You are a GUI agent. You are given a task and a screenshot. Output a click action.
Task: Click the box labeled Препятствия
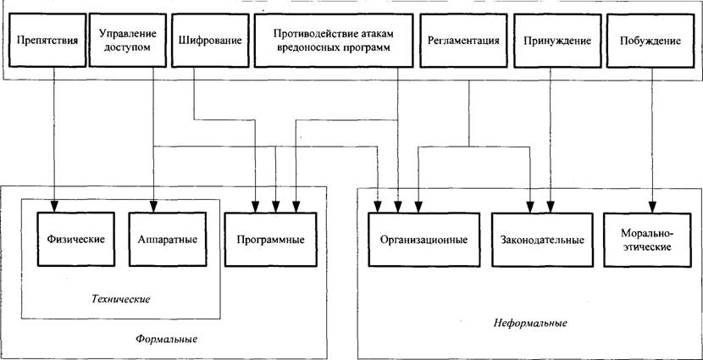point(47,41)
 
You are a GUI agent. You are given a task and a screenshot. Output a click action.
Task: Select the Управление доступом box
point(127,41)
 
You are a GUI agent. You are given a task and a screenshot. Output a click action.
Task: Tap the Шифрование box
point(210,41)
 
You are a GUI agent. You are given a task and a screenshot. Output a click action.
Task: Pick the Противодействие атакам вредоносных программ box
point(334,41)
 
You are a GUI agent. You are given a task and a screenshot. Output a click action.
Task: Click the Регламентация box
point(463,41)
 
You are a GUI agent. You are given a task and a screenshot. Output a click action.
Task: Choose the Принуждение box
point(556,41)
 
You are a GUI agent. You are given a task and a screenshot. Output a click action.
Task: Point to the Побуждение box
point(650,41)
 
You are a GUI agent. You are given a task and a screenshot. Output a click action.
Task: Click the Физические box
point(75,239)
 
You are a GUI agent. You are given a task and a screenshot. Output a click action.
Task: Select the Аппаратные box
point(168,239)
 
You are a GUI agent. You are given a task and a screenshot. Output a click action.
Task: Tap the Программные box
point(271,240)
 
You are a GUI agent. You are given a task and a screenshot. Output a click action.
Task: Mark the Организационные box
point(423,240)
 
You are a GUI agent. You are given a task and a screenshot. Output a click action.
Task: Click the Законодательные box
point(541,240)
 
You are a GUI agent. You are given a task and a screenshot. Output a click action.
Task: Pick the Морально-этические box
point(646,240)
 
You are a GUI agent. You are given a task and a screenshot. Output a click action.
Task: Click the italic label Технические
point(120,299)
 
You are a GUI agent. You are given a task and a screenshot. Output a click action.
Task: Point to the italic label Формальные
point(166,338)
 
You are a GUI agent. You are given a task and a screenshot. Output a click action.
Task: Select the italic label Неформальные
point(531,323)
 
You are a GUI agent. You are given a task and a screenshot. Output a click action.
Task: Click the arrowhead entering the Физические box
point(54,206)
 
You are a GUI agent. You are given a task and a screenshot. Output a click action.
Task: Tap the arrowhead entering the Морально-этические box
point(652,207)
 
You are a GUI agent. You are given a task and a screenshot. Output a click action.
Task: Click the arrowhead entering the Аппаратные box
point(153,206)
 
